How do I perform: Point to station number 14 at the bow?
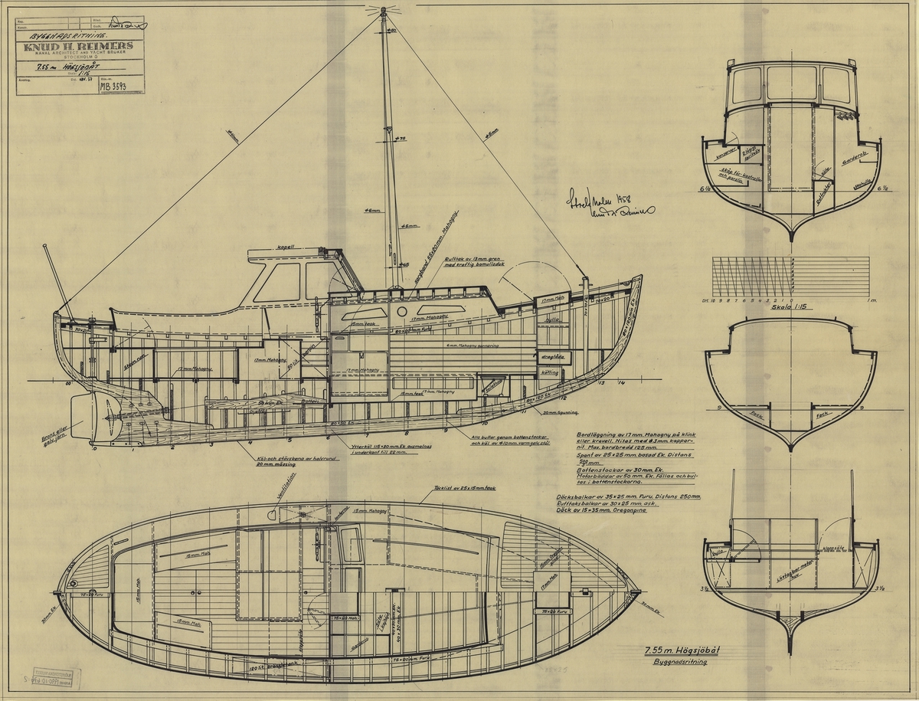pos(623,382)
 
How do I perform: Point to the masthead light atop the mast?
pos(381,11)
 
